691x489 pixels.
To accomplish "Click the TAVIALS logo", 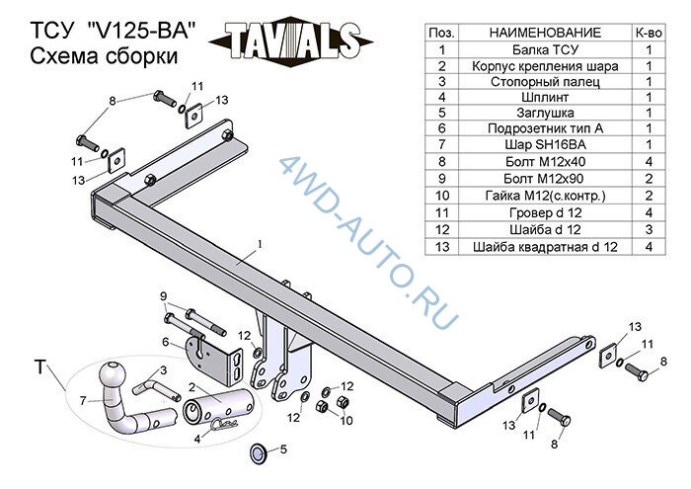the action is point(291,41).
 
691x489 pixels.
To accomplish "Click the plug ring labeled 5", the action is point(259,453).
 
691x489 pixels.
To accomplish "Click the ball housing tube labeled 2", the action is point(218,406).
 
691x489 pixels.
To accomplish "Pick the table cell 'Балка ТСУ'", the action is point(545,49).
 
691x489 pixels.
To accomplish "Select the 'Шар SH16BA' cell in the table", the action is point(545,144).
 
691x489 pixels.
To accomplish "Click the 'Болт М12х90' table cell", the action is point(545,179).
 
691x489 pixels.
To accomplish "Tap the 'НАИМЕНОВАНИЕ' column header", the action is point(545,33).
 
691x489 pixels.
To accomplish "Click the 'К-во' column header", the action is point(649,33).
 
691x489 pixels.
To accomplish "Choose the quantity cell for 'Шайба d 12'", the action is point(649,229).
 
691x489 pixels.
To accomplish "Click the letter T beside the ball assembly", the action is point(40,367).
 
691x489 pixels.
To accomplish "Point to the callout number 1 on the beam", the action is point(260,244).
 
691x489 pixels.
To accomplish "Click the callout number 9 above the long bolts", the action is point(164,296).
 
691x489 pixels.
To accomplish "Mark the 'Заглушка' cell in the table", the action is point(545,113).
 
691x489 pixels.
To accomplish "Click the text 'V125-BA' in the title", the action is point(141,32).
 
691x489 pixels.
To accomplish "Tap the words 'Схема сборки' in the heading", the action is point(104,57).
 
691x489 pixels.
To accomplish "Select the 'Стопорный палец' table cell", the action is point(545,82).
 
